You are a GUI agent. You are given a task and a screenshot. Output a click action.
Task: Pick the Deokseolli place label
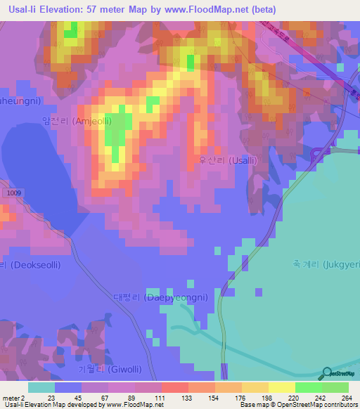pyautogui.click(x=31, y=265)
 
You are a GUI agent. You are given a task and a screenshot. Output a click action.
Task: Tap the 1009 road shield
pyautogui.click(x=10, y=192)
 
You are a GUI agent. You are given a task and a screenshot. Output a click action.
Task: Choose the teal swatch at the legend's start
pyautogui.click(x=41, y=387)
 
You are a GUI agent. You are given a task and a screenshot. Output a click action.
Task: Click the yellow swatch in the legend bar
pyautogui.click(x=281, y=387)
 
